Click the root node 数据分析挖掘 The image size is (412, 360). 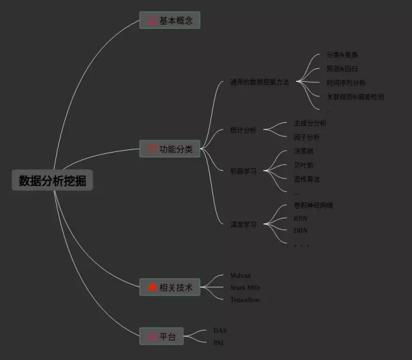click(52, 180)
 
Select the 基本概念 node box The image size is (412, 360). click(170, 21)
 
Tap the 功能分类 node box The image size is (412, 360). click(170, 149)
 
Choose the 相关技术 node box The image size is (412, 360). click(170, 287)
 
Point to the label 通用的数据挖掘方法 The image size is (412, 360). click(259, 82)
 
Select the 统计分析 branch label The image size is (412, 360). click(243, 130)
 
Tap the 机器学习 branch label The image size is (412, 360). click(243, 171)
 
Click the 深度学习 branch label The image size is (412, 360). click(243, 225)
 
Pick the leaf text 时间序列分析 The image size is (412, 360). click(346, 83)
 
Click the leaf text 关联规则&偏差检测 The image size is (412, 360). click(355, 97)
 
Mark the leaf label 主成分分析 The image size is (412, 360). click(310, 123)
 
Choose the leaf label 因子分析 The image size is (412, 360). click(306, 137)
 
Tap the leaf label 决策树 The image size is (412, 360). click(303, 151)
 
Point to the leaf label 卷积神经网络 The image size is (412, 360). click(313, 205)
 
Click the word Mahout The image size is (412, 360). click(241, 276)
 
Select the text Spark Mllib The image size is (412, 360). click(245, 287)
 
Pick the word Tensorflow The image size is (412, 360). click(245, 299)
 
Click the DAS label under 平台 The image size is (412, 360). click(220, 330)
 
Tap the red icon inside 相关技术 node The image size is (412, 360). click(152, 287)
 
